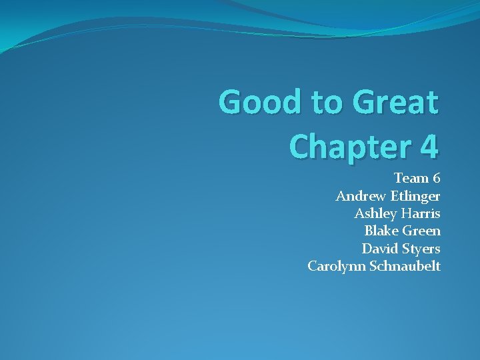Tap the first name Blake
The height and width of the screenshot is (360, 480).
[x=380, y=231]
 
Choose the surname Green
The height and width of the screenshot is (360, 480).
[x=423, y=231]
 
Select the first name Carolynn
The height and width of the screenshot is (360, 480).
[x=334, y=267]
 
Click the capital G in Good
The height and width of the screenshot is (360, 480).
[x=231, y=102]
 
